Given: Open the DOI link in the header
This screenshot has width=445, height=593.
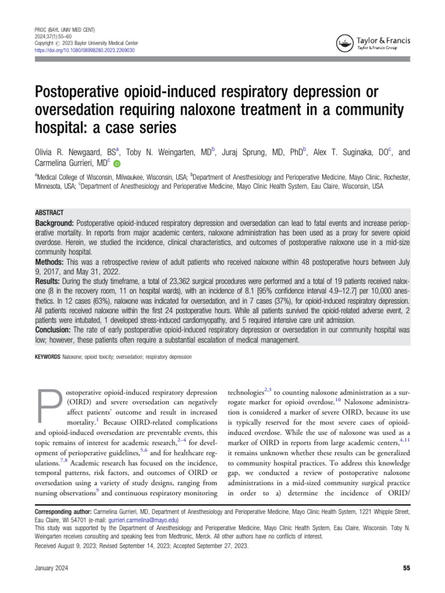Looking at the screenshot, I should point(85,50).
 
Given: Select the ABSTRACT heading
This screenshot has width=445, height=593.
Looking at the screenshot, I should point(49,213).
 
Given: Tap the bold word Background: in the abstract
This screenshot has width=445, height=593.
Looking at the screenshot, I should point(55,223).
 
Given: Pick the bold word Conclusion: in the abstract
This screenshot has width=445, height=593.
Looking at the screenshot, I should point(55,328).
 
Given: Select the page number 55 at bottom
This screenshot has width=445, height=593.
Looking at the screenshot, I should point(406,568).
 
